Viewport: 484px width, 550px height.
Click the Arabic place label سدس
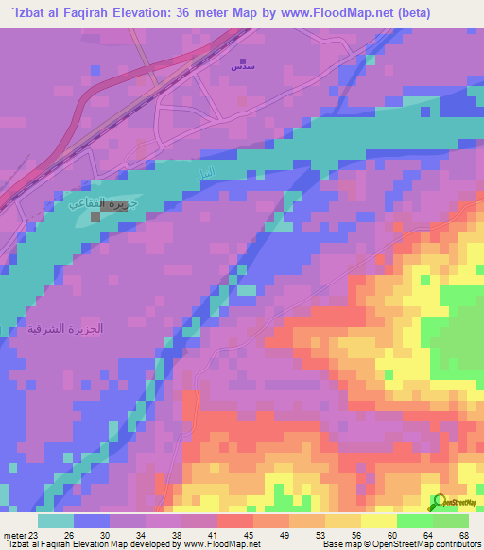pos(242,66)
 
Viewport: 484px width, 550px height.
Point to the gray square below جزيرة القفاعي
pos(95,217)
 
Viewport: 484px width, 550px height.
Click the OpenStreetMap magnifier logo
pos(437,502)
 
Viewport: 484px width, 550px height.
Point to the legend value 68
pos(463,536)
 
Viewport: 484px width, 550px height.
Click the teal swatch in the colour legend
pos(56,521)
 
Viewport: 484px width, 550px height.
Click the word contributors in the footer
pos(455,544)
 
